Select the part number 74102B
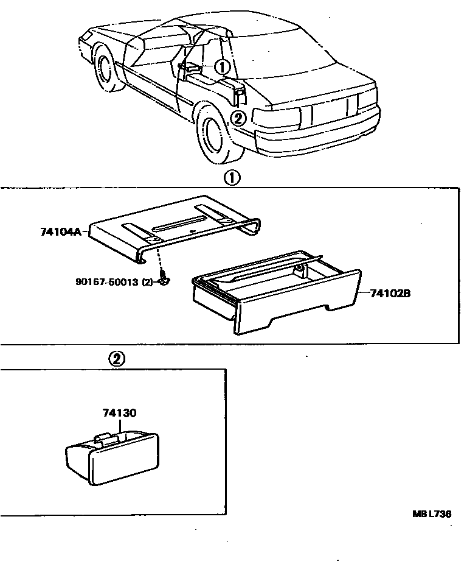[x=390, y=293]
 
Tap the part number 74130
[x=119, y=413]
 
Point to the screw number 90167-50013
[x=108, y=281]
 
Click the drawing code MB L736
[x=432, y=514]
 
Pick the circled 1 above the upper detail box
[x=232, y=178]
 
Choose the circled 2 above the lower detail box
[x=117, y=359]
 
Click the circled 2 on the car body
[x=240, y=118]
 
